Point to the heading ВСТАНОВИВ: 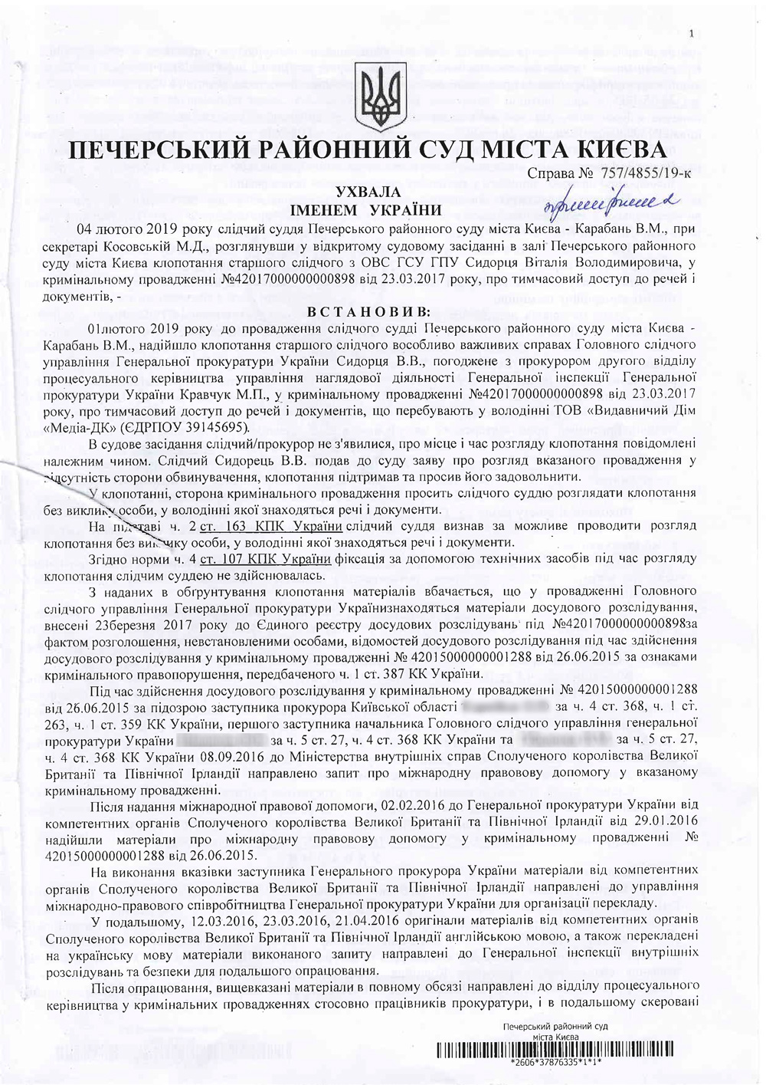(368, 312)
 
